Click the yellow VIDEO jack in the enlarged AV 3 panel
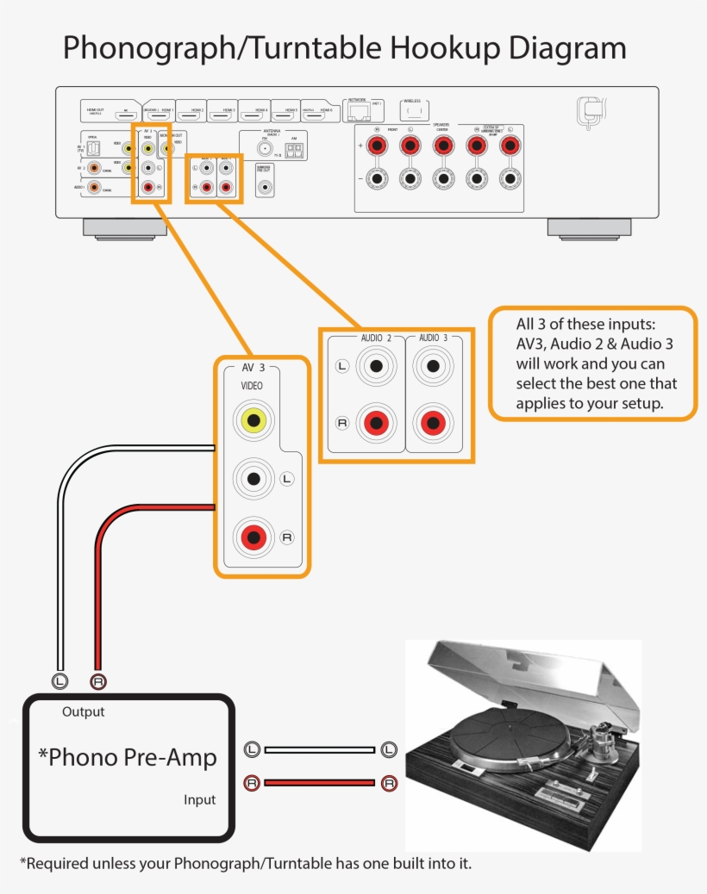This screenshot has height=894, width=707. coord(253,419)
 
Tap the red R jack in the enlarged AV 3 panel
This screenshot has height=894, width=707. coord(253,537)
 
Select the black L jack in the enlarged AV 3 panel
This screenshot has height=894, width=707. coord(253,478)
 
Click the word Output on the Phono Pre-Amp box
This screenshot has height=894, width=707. coord(84,711)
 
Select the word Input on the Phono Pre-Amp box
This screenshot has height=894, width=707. coord(199,799)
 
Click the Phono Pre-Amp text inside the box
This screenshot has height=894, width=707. coord(128,757)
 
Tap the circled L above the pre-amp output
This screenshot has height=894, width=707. coord(59,681)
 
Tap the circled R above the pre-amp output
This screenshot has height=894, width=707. coord(98,681)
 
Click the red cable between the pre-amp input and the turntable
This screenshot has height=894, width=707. coord(319,783)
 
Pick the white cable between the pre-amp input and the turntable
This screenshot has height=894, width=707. coord(319,750)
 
